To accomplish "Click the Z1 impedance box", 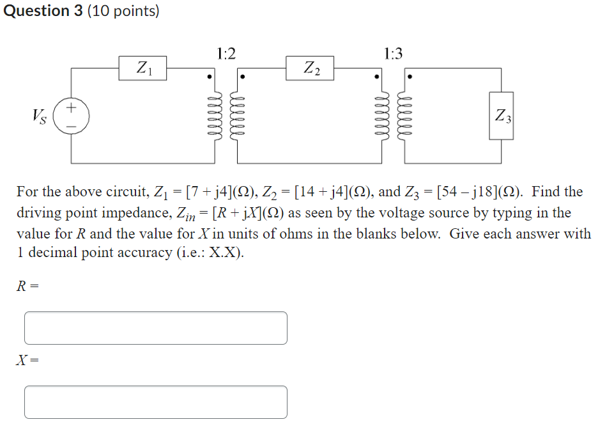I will (x=142, y=68).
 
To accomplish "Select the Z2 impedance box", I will (x=310, y=68).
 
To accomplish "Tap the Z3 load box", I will (x=502, y=116).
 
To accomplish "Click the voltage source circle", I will (x=71, y=116).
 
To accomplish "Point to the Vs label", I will (x=40, y=116).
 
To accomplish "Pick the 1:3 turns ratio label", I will (x=394, y=54).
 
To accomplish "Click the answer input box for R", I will (x=156, y=328).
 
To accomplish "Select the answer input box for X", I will (x=156, y=402).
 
